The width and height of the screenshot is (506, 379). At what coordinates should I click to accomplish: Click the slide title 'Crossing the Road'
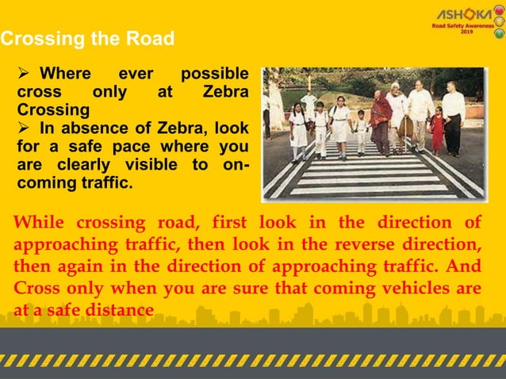coord(87,38)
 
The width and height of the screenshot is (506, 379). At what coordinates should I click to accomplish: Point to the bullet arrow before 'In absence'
coord(23,128)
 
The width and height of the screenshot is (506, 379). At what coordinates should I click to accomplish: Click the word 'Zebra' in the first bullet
coord(225,93)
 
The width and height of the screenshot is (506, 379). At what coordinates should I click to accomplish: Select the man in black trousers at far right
coord(454,119)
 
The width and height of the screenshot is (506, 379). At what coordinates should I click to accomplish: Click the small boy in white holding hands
coord(361,131)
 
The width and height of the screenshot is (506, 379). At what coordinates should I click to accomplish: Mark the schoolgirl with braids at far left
coord(298,131)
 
